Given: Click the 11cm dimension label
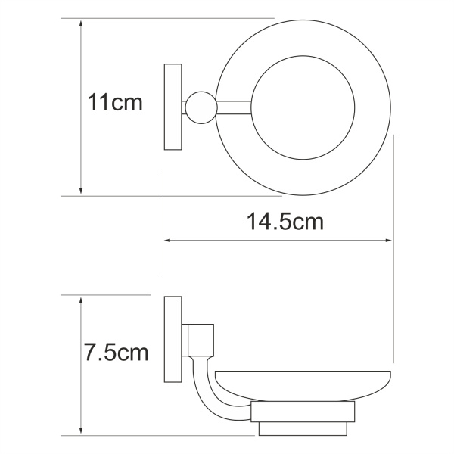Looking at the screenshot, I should pyautogui.click(x=115, y=104).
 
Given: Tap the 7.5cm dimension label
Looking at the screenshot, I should pyautogui.click(x=116, y=353).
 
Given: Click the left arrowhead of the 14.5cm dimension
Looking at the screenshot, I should pyautogui.click(x=169, y=241).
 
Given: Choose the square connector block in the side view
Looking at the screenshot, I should pyautogui.click(x=202, y=340).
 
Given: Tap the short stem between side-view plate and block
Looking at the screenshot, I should pyautogui.click(x=184, y=340).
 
